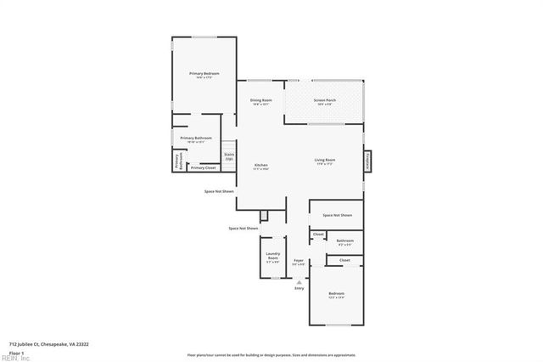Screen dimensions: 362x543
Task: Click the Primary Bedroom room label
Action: tap(204, 74)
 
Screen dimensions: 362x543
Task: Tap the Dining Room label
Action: tap(260, 101)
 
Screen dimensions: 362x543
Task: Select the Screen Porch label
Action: tap(324, 101)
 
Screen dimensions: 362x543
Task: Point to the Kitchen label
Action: tap(261, 165)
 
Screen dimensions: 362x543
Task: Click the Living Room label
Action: tap(325, 161)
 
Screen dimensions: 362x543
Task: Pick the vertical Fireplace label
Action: tap(367, 160)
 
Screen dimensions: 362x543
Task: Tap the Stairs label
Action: tap(229, 156)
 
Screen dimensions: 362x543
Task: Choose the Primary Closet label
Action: tap(203, 167)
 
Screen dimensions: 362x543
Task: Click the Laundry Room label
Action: tap(272, 256)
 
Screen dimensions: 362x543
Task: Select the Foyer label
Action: tap(299, 260)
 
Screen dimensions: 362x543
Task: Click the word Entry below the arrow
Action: tap(299, 289)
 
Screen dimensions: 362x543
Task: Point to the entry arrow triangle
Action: tap(299, 280)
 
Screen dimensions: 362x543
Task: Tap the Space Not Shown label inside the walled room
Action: tap(337, 215)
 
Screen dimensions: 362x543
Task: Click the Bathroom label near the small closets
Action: tap(344, 240)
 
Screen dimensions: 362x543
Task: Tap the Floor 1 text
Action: tap(16, 351)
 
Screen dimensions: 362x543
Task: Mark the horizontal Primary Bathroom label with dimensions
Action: tap(196, 139)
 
